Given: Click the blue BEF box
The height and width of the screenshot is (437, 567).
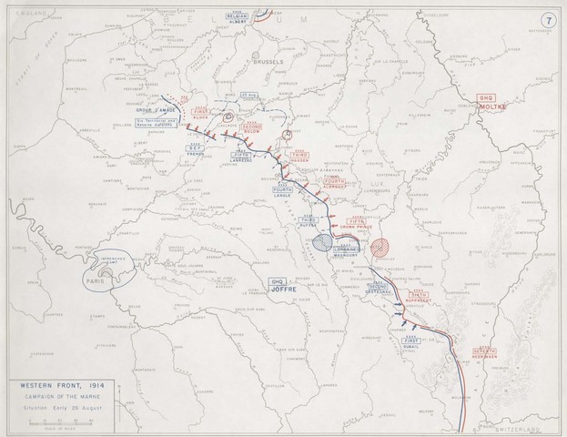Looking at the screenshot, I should [x=198, y=150].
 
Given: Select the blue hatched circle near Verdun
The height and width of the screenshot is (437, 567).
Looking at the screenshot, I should [x=322, y=243].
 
